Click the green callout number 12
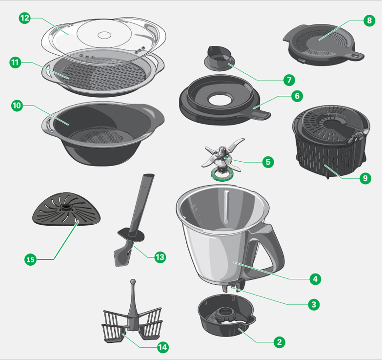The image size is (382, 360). pyautogui.click(x=24, y=18)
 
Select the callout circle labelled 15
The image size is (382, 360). pyautogui.click(x=30, y=259)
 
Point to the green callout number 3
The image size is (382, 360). pyautogui.click(x=315, y=304)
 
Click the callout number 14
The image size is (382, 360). pyautogui.click(x=162, y=347)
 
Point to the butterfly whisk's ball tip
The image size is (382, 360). pyautogui.click(x=133, y=282)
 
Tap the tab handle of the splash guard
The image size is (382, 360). pyautogui.click(x=355, y=56)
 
